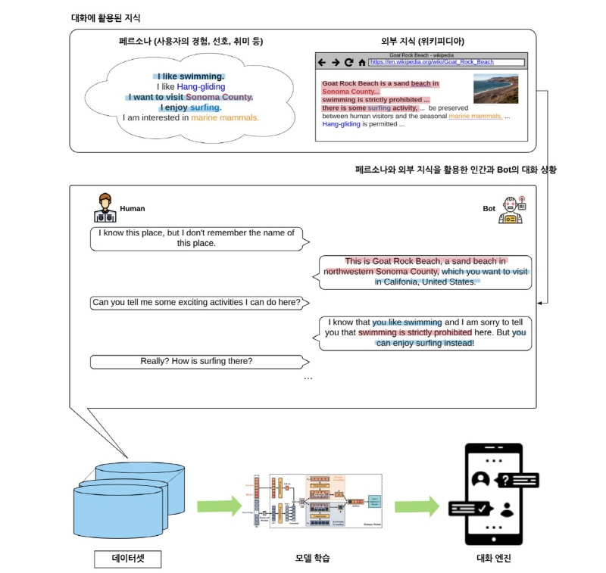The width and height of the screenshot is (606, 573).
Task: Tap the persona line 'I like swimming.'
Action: click(x=190, y=76)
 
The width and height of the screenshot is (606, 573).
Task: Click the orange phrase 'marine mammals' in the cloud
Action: click(x=224, y=117)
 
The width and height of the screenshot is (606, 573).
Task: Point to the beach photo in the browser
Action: click(x=495, y=88)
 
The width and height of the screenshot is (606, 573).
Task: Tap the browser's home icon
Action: click(x=361, y=62)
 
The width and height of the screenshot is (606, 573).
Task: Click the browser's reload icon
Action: click(x=348, y=62)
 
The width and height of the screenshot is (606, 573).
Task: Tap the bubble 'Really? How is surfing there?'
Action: click(x=196, y=361)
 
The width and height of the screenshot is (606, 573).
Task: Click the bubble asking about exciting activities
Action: click(x=196, y=302)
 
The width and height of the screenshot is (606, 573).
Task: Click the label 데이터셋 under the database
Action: click(x=127, y=559)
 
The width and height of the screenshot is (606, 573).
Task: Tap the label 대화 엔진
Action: click(x=492, y=559)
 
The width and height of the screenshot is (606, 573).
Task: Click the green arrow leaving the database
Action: click(x=218, y=505)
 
